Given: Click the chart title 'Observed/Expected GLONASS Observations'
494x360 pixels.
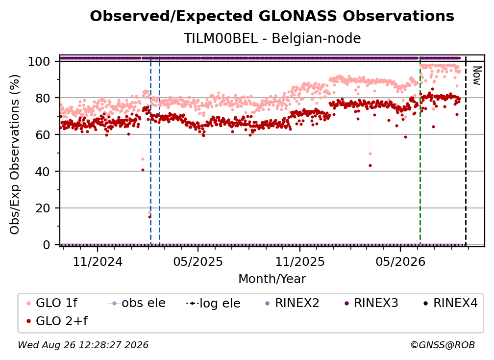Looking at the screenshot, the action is tap(272, 16).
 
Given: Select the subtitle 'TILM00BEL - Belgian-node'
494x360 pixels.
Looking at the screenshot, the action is tap(272, 38).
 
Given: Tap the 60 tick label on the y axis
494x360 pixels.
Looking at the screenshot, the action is tap(43, 134).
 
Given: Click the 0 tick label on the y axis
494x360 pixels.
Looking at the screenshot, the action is tap(47, 245).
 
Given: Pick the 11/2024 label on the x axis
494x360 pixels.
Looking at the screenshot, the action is tap(98, 261).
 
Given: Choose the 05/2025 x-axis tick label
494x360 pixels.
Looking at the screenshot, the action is tap(198, 261).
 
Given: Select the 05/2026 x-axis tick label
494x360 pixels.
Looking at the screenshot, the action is tap(400, 261).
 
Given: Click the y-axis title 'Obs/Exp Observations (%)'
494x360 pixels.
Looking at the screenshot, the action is tap(15, 154).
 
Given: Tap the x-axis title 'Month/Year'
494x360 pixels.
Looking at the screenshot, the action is tap(272, 279).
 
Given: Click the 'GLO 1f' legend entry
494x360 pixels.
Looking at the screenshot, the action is tap(52, 303).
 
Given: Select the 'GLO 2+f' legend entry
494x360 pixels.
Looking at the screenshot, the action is tap(57, 321).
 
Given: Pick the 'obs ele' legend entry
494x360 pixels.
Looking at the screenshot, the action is tap(137, 303).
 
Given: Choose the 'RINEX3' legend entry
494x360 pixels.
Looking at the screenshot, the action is tap(372, 303).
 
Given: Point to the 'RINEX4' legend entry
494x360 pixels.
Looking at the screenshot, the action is tap(451, 303).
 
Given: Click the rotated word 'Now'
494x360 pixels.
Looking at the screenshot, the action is tap(477, 76).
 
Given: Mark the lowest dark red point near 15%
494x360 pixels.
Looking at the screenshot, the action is tap(149, 217).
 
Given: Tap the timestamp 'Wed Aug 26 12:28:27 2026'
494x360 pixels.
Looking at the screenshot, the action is tap(83, 345).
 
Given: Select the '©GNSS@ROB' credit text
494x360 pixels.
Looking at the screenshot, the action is tap(443, 345).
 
